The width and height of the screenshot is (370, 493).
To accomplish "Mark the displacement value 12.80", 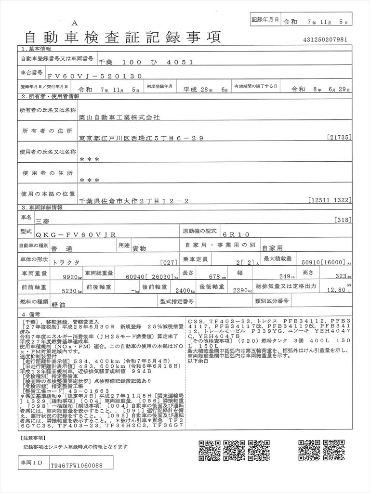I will (335, 290).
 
